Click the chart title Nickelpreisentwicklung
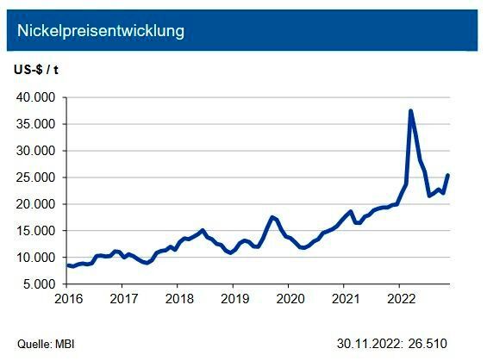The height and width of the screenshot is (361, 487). (x=100, y=31)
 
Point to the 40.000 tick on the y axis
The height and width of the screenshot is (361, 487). (x=35, y=97)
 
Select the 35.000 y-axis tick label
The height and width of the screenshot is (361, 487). (x=35, y=124)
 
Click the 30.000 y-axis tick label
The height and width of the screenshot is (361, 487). (x=35, y=151)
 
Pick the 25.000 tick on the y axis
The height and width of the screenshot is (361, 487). (x=35, y=177)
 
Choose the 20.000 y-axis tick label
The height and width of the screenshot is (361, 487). (x=35, y=204)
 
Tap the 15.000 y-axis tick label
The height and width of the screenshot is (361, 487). (x=35, y=231)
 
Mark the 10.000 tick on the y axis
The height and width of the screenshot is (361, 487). (x=35, y=258)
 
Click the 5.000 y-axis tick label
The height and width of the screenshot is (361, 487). (x=39, y=284)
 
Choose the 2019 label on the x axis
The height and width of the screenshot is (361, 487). (x=233, y=299)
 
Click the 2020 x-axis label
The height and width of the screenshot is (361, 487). (x=288, y=299)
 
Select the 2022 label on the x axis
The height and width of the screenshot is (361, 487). (x=398, y=299)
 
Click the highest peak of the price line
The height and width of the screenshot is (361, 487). (x=410, y=111)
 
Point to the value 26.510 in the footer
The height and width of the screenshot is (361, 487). (x=428, y=342)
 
